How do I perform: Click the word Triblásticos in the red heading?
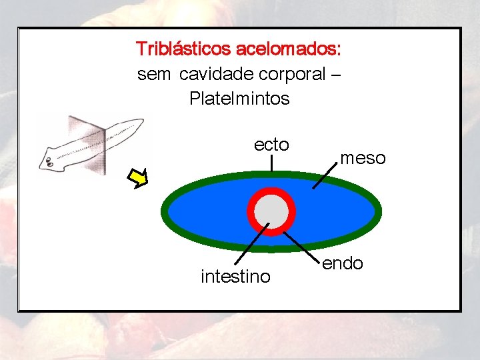pyautogui.click(x=183, y=49)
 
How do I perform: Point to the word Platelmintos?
pyautogui.click(x=239, y=99)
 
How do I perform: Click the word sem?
pyautogui.click(x=154, y=74)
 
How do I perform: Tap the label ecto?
pyautogui.click(x=271, y=145)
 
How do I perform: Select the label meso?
pyautogui.click(x=363, y=158)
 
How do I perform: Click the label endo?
pyautogui.click(x=343, y=263)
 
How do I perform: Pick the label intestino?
pyautogui.click(x=235, y=276)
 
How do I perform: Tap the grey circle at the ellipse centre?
pyautogui.click(x=271, y=212)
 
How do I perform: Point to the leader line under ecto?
pyautogui.click(x=271, y=164)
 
